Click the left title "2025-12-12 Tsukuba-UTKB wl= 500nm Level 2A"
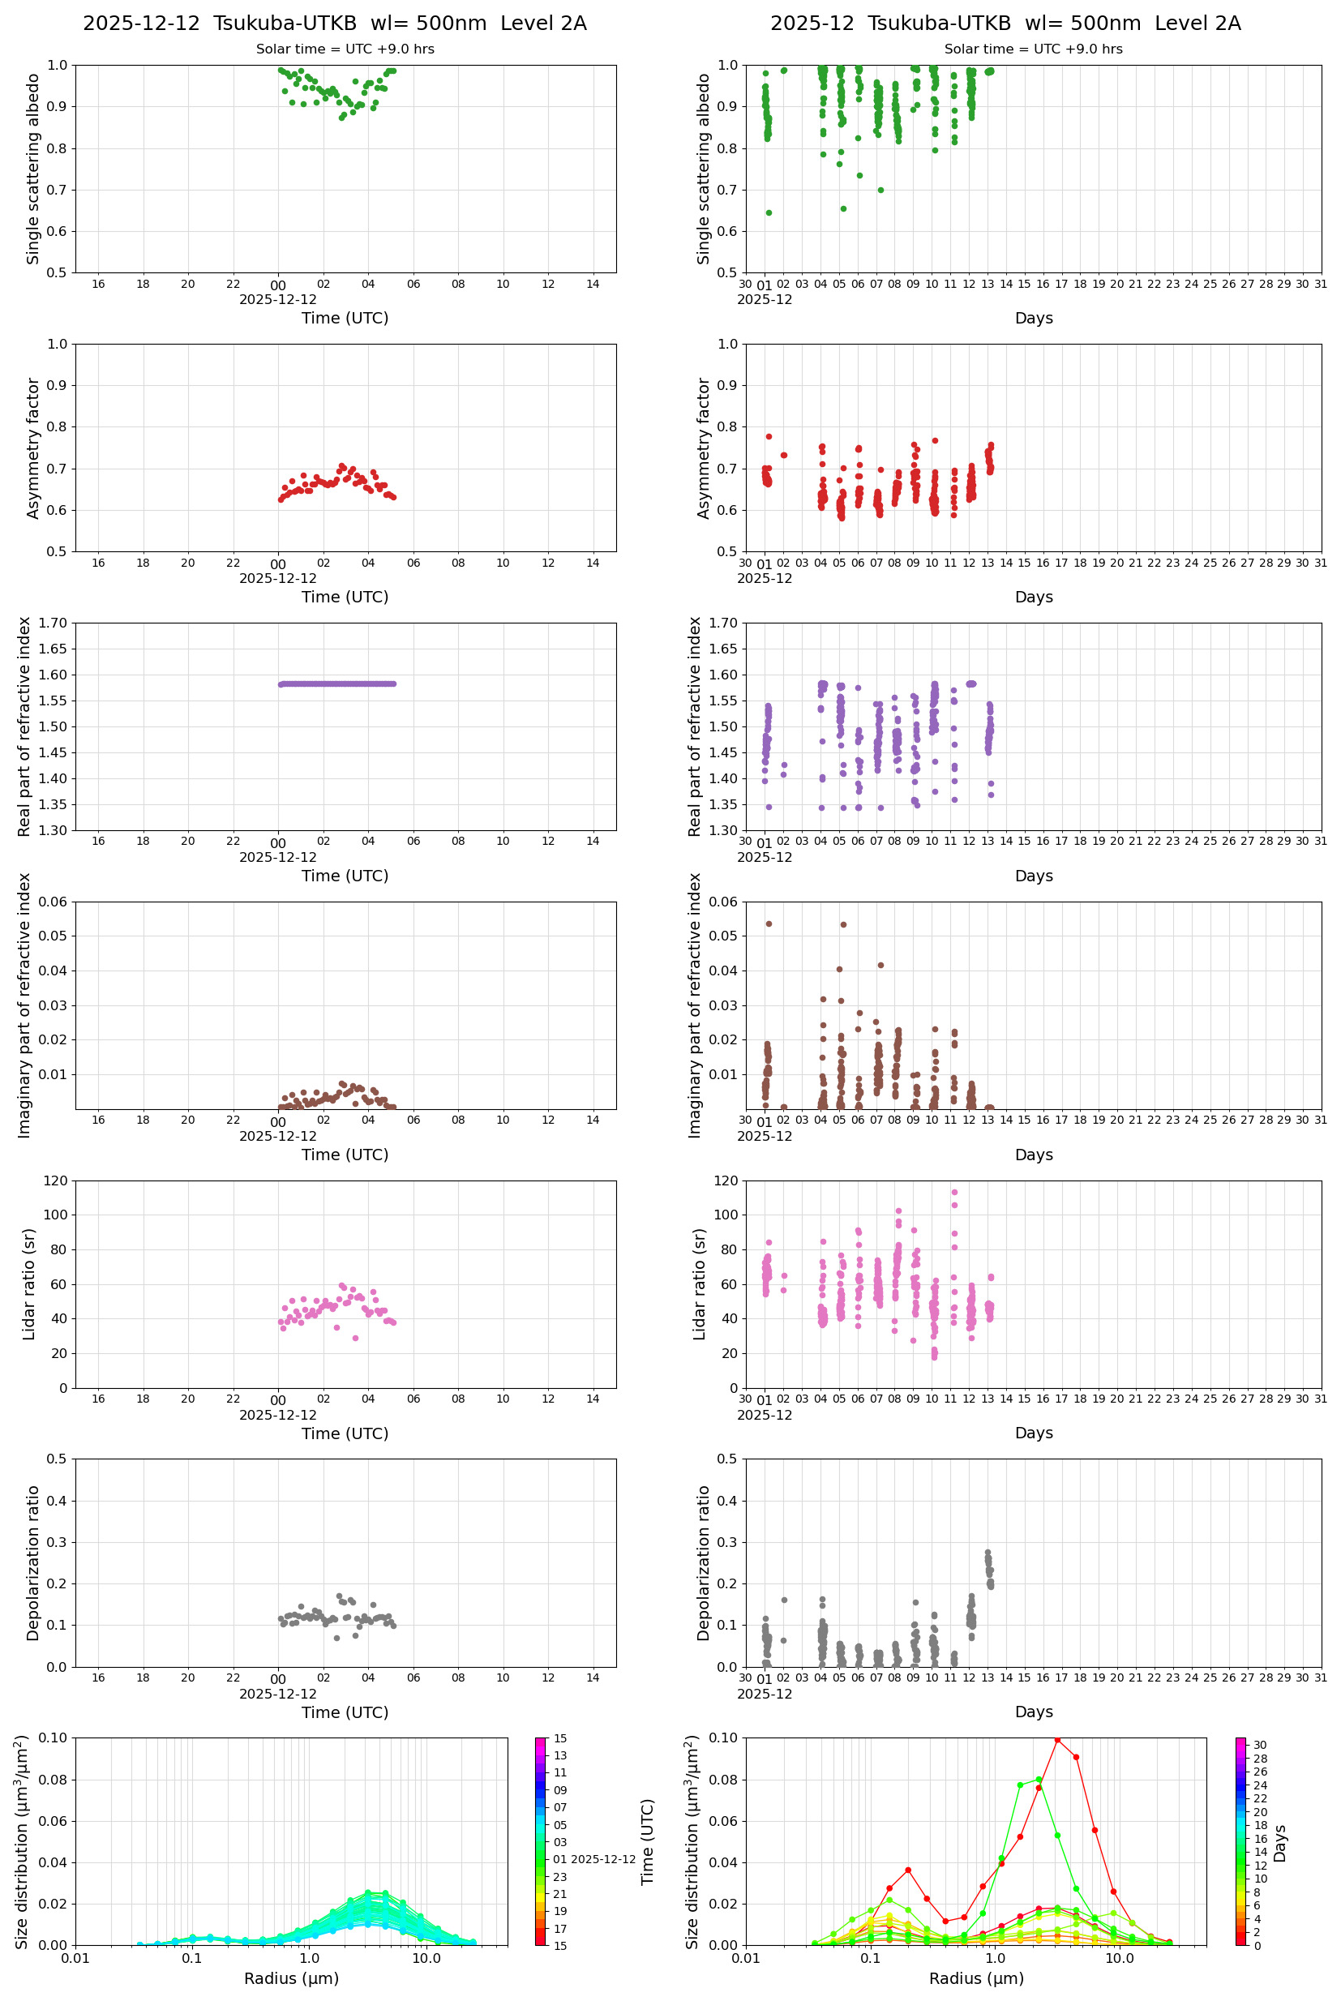334,23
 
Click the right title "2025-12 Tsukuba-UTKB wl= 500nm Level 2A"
1005,23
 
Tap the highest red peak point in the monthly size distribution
1057,1739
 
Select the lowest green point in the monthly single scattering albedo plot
769,213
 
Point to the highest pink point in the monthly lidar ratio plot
954,1192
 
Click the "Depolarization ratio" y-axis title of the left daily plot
33,1563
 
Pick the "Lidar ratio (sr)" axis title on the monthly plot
700,1284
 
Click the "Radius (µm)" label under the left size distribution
292,1978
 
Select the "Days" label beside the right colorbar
1279,1844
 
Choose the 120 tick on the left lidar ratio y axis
56,1181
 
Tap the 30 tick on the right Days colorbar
1260,1746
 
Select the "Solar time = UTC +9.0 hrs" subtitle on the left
345,49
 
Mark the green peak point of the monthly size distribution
1039,1780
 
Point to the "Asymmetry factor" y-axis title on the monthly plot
704,448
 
